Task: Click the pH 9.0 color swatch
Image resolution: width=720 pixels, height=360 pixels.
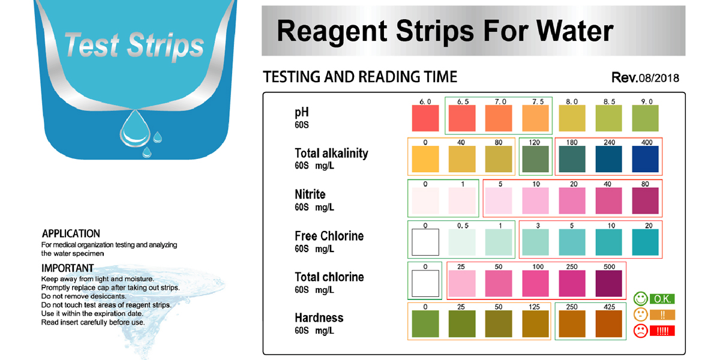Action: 645,118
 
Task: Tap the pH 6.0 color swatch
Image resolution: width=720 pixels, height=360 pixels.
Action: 425,118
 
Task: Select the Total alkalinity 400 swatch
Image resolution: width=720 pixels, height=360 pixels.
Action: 645,159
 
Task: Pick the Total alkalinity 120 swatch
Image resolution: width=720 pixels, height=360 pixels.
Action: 535,159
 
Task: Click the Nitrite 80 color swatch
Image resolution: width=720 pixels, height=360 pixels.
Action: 645,200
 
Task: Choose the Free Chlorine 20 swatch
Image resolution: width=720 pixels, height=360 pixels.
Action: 645,242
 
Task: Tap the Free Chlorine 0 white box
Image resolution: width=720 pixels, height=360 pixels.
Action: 425,242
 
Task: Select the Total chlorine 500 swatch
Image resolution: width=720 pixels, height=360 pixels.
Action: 608,283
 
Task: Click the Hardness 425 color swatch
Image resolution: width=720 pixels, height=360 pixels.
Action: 608,323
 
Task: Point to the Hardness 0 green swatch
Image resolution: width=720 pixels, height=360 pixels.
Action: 425,323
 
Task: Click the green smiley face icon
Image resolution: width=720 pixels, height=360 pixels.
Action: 640,299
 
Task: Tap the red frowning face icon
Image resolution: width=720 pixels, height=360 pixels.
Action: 640,331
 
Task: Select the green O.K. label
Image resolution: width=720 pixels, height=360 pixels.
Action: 662,299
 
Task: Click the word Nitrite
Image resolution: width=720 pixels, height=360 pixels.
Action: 310,194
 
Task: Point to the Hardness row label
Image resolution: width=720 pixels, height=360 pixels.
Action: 319,318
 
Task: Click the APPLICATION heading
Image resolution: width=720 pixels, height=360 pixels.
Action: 71,233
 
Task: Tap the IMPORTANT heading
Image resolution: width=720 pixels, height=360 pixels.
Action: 67,268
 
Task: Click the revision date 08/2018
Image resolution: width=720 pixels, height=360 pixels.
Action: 659,78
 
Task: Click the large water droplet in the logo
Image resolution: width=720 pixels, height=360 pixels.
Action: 135,128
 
